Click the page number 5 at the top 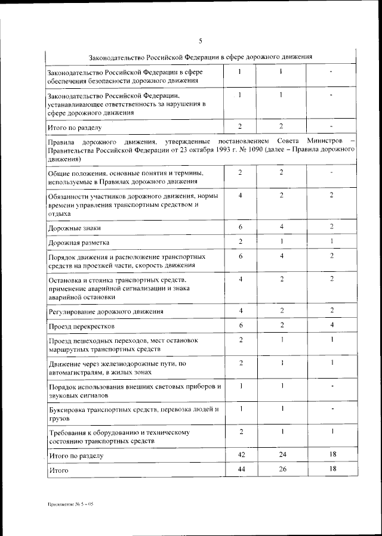coord(201,41)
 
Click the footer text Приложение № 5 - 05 coord(71,504)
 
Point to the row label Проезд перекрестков coord(80,327)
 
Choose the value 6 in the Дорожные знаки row coord(239,227)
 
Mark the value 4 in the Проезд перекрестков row coord(331,326)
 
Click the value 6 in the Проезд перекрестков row coord(239,326)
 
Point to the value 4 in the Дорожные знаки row coord(281,227)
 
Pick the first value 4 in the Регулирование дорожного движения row coord(239,311)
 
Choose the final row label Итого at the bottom coord(58,471)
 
